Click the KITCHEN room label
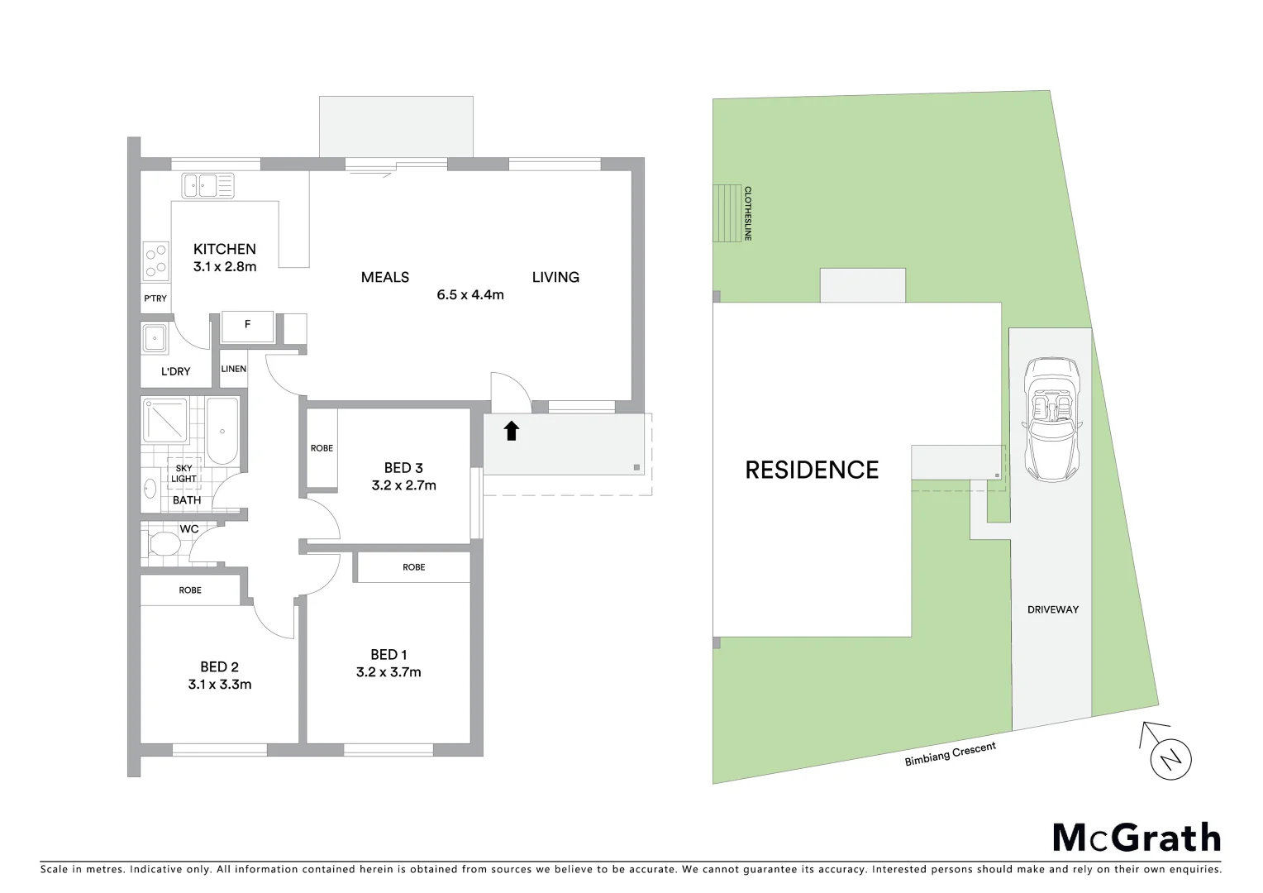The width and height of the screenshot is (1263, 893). click(x=224, y=249)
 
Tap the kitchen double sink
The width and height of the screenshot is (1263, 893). click(x=207, y=185)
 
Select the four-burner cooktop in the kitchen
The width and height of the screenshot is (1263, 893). click(x=155, y=260)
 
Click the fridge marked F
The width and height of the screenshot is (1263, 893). click(x=247, y=326)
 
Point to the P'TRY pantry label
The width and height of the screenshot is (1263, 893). click(x=155, y=298)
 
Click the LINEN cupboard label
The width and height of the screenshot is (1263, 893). click(x=234, y=369)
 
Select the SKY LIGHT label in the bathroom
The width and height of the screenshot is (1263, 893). click(x=183, y=473)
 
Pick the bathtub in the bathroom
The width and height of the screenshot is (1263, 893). click(x=222, y=431)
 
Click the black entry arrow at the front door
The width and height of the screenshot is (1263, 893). click(x=511, y=431)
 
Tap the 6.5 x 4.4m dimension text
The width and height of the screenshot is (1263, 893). click(x=470, y=294)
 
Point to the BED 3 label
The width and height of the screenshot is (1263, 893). click(x=403, y=468)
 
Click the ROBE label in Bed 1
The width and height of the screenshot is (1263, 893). click(x=414, y=567)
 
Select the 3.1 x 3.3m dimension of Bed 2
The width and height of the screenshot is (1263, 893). click(x=219, y=685)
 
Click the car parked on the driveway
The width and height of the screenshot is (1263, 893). click(x=1050, y=421)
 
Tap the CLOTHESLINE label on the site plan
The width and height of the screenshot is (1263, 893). click(x=747, y=213)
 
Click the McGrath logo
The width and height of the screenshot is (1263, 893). click(x=1137, y=838)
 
